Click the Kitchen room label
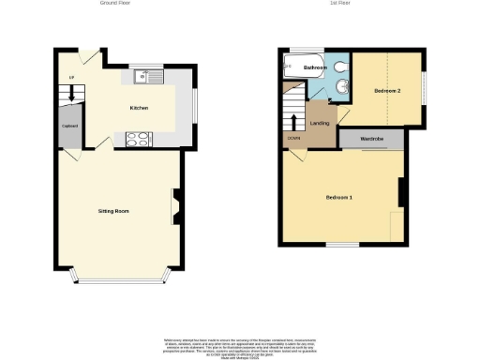click(139, 108)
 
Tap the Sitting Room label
click(113, 211)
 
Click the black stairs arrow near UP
click(69, 95)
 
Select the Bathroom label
click(314, 68)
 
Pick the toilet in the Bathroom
click(338, 68)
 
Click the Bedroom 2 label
click(387, 91)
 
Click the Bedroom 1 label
click(338, 197)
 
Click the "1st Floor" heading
click(339, 4)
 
